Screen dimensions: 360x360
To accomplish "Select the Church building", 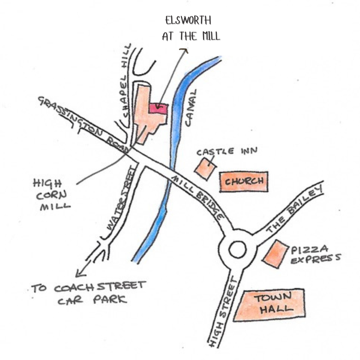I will point(244,182).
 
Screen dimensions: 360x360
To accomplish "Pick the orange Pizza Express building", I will point(275,253).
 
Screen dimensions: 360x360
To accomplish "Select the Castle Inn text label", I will point(227,152).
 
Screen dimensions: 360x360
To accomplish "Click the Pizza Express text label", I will point(315,254).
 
